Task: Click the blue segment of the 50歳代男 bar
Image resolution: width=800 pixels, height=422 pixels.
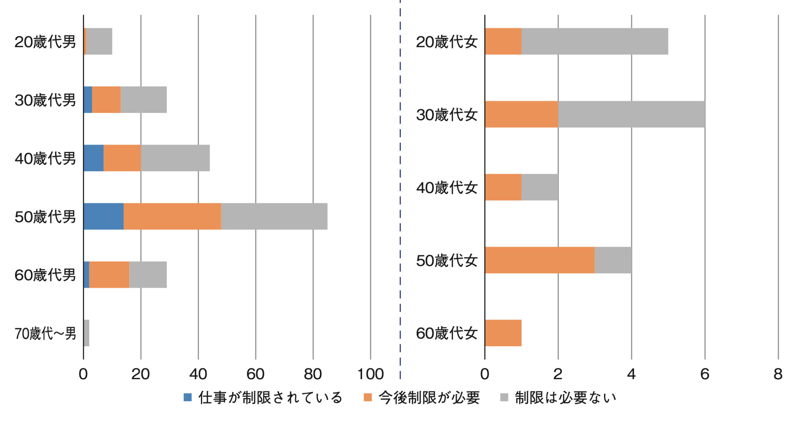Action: click(104, 216)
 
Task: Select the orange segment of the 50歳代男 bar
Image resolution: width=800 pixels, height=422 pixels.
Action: click(172, 216)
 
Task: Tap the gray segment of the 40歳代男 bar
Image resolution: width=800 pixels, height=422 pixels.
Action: click(175, 158)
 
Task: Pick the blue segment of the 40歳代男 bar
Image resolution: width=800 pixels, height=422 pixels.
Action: click(94, 158)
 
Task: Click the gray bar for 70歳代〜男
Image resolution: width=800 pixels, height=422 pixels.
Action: click(87, 333)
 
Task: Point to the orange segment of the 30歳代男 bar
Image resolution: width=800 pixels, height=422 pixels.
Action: click(107, 99)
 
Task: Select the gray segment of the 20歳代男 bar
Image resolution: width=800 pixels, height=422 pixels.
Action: click(99, 41)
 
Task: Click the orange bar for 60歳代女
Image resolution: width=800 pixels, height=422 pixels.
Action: click(503, 333)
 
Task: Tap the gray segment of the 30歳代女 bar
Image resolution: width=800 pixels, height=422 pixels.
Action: click(632, 114)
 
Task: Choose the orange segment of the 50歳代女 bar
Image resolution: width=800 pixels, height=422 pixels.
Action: click(540, 260)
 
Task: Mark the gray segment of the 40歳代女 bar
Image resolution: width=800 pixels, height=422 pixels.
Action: click(540, 187)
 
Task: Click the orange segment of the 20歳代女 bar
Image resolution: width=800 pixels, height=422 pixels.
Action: click(503, 41)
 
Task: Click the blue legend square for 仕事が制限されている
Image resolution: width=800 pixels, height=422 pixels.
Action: click(187, 397)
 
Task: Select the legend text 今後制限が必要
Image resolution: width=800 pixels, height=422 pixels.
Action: click(429, 398)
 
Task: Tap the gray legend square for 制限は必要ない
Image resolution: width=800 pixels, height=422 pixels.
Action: click(504, 397)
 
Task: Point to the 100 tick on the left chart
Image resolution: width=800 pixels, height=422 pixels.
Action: click(371, 374)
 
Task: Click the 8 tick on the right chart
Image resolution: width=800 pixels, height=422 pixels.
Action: click(778, 374)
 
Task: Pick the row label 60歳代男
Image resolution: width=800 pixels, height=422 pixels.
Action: click(45, 275)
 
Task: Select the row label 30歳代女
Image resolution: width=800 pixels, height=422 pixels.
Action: click(447, 114)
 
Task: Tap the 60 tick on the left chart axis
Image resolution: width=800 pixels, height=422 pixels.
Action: click(256, 374)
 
